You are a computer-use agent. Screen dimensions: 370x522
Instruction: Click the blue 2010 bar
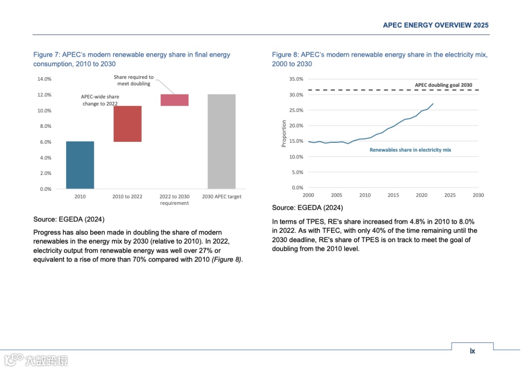pos(80,165)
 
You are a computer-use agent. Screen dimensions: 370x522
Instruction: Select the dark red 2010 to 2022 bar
pos(128,123)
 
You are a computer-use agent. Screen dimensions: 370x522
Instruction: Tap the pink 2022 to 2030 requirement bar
pos(174,100)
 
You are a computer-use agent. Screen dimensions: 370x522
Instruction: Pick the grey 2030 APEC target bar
pos(222,141)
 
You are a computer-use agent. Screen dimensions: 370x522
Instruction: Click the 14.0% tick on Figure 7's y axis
pos(44,79)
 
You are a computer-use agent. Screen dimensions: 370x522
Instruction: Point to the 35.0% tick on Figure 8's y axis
pos(296,79)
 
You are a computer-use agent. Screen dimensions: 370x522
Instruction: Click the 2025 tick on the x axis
pos(450,195)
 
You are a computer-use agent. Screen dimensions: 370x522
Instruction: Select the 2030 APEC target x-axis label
pos(222,197)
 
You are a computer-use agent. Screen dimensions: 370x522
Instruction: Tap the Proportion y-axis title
pos(284,134)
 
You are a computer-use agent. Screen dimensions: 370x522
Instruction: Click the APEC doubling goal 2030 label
pos(443,85)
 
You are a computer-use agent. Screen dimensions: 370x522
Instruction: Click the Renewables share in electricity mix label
pos(410,150)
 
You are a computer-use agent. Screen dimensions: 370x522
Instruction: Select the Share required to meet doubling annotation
pos(134,80)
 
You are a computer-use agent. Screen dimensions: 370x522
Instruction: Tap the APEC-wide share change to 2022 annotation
pos(100,100)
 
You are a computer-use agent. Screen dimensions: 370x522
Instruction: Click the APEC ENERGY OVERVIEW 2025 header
pos(435,25)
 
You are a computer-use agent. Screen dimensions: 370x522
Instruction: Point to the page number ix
pos(472,351)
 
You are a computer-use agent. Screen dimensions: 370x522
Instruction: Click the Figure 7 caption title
pos(131,59)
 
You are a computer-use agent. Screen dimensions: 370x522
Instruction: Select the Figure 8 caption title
pos(379,59)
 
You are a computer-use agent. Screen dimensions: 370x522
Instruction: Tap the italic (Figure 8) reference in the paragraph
pos(227,260)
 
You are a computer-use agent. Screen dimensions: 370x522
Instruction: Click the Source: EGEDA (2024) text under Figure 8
pos(307,208)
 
